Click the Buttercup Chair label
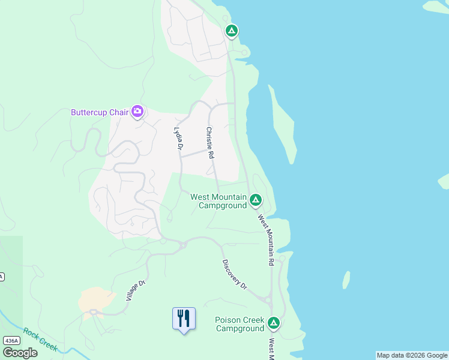(x=100, y=112)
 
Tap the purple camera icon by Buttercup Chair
(x=137, y=111)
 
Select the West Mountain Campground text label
(x=218, y=201)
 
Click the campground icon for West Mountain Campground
(x=256, y=200)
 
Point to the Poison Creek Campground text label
(x=240, y=324)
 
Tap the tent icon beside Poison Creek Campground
(x=274, y=323)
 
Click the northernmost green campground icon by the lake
(x=232, y=31)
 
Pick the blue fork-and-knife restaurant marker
(x=184, y=319)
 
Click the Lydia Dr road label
(x=178, y=138)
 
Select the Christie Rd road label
(x=211, y=143)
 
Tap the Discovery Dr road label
(x=235, y=275)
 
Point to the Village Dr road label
(x=136, y=291)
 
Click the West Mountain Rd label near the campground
(x=266, y=240)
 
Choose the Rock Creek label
(x=40, y=339)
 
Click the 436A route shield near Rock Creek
(x=11, y=340)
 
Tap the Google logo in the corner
(x=20, y=352)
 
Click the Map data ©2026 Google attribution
(x=412, y=355)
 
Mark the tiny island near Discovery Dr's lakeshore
(x=346, y=280)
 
